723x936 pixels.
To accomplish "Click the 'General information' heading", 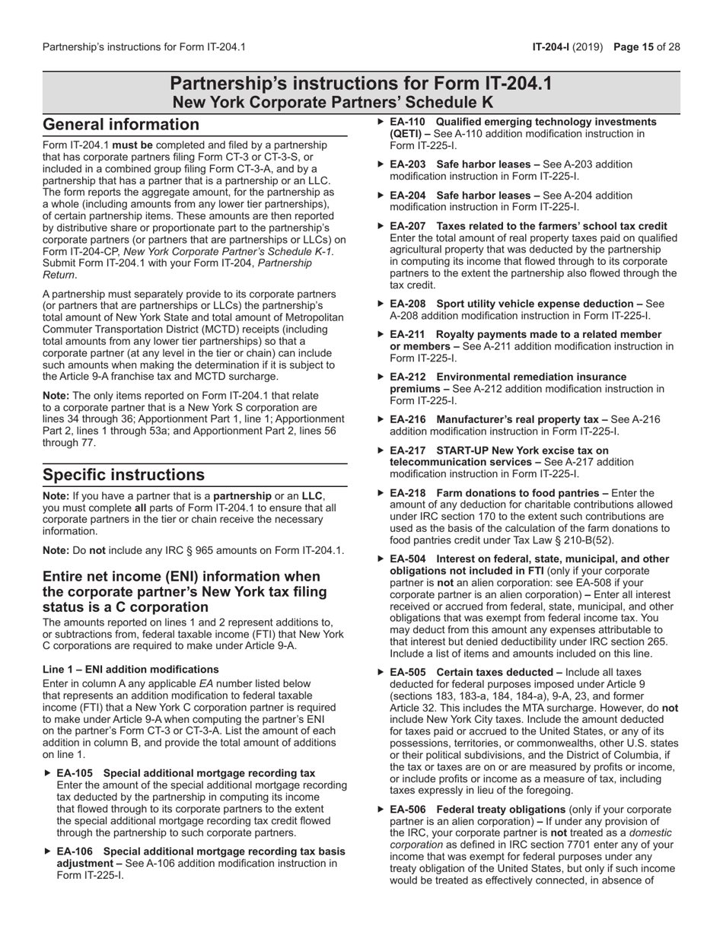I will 121,124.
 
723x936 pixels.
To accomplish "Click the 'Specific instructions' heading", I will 123,475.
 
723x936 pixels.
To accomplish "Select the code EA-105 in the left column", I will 75,773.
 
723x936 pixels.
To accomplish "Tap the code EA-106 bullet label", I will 75,852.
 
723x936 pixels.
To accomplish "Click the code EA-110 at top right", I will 407,122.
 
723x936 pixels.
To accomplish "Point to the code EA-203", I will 407,164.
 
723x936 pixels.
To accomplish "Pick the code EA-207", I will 407,226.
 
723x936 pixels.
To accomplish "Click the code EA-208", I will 407,304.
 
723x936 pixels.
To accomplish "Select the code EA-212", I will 407,377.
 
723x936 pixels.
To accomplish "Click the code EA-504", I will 407,559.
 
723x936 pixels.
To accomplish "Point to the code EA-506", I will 407,810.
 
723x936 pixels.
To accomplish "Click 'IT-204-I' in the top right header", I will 553,47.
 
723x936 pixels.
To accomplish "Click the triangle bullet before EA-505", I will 382,673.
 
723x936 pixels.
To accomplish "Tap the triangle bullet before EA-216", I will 382,419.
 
